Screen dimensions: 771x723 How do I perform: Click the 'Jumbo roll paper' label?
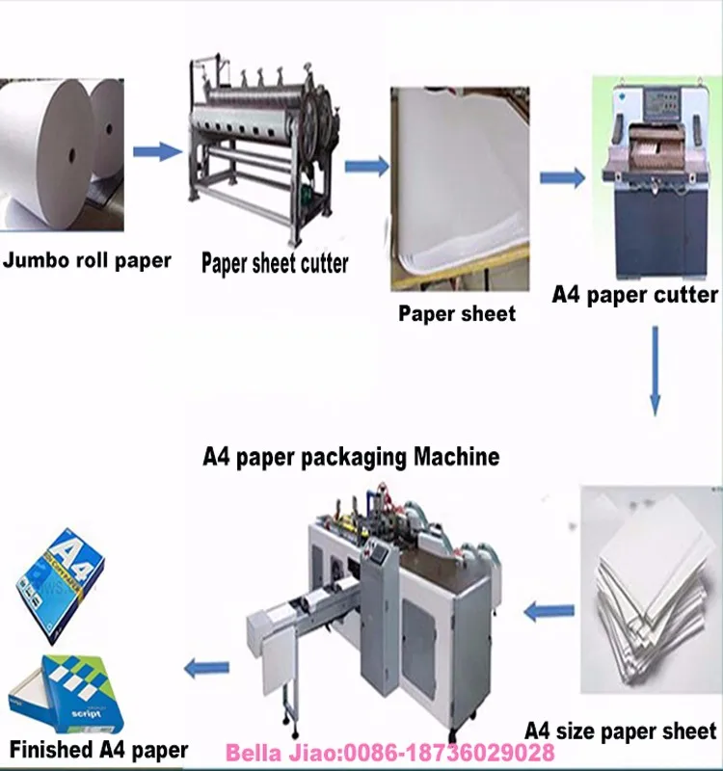[87, 259]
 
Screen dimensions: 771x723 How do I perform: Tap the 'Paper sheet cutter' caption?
[275, 263]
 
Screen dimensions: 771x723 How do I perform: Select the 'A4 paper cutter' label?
[634, 294]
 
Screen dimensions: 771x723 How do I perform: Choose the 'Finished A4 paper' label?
[98, 749]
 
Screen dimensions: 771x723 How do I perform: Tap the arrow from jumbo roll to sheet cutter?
[156, 151]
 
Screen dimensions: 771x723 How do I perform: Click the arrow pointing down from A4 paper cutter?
[656, 371]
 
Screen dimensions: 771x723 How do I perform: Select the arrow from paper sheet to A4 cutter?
[562, 177]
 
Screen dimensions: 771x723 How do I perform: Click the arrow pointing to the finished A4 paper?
[206, 666]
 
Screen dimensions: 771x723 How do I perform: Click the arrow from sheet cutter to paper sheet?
[365, 167]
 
